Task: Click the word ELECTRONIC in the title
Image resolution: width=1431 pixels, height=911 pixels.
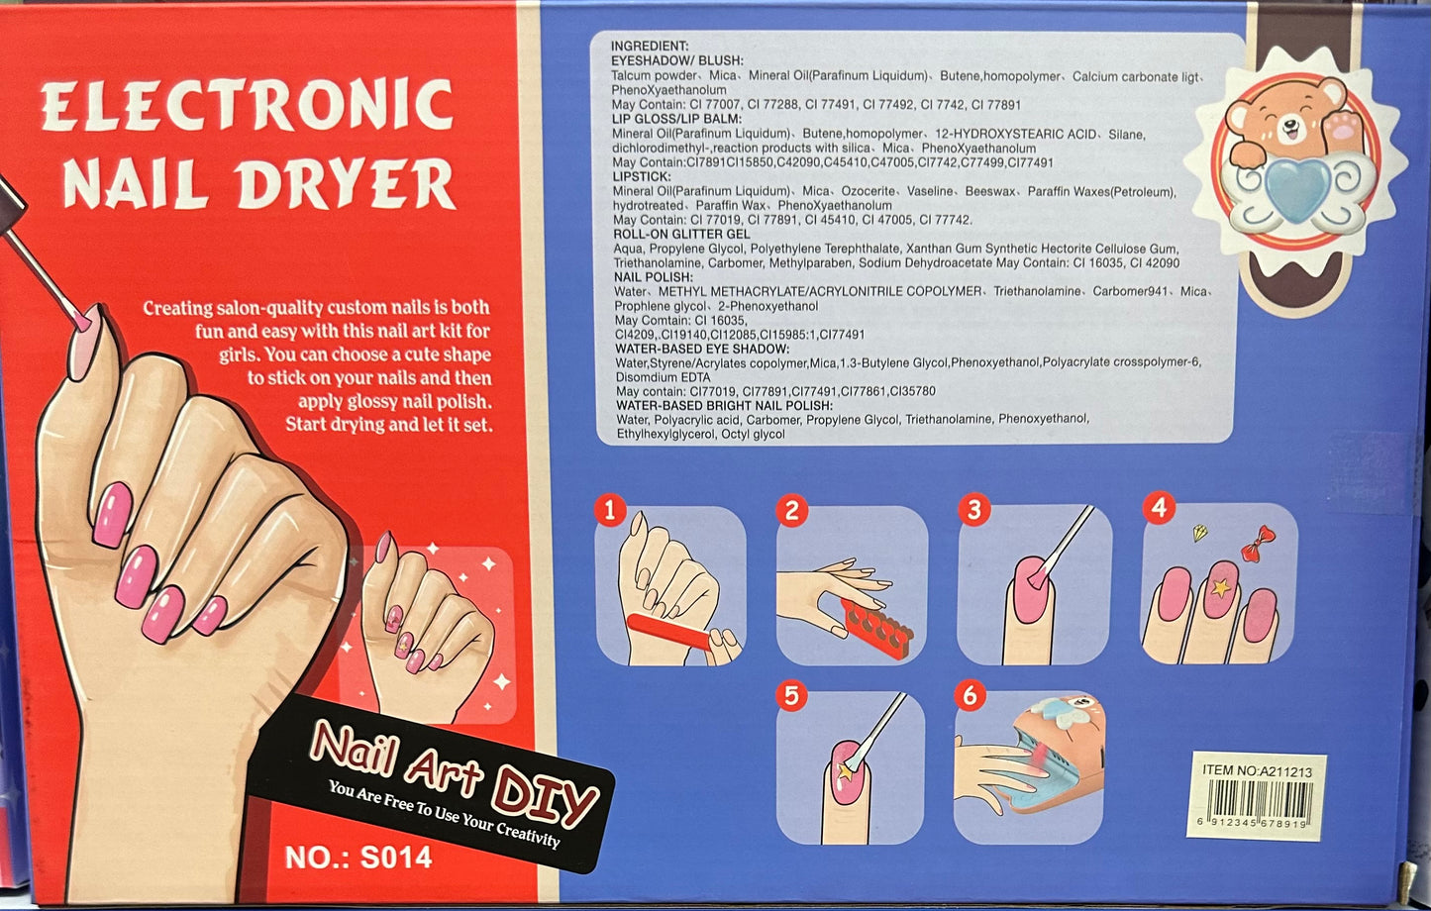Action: [248, 105]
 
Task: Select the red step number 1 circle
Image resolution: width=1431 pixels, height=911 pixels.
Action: [610, 510]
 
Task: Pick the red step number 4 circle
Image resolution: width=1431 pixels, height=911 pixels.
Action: [1159, 508]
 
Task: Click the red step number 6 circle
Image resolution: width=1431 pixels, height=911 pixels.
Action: [970, 695]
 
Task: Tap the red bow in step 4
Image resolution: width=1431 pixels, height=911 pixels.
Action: [1258, 545]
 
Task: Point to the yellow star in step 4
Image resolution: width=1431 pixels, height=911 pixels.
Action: [1220, 587]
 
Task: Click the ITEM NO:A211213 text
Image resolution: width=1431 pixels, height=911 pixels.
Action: [1257, 770]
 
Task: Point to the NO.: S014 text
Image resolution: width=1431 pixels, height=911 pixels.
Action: [358, 858]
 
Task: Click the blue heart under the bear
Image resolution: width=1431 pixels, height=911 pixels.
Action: [1297, 189]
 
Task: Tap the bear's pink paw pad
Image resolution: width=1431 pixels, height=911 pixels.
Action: [1343, 127]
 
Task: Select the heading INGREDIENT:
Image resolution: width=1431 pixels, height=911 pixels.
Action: [649, 46]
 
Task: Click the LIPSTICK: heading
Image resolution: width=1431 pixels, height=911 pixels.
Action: [642, 176]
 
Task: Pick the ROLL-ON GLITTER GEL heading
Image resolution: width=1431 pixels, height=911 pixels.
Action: [681, 234]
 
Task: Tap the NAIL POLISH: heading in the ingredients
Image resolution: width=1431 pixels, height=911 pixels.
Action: [654, 277]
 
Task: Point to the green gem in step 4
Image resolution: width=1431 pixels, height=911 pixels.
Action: [1199, 532]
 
